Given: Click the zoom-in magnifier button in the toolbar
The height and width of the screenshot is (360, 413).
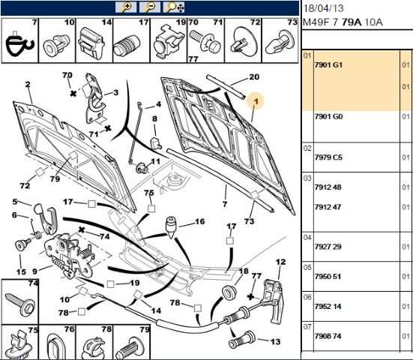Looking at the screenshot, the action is coord(126,7).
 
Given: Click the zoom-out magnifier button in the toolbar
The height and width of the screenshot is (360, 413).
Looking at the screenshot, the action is coord(150,7).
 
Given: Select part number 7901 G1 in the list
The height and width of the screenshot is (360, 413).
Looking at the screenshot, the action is coord(328,64).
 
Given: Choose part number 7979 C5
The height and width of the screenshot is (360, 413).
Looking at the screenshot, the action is coord(328,157).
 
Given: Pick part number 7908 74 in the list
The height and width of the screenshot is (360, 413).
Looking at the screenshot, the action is coord(328,336).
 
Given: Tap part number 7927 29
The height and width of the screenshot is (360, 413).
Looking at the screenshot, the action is coord(328,247).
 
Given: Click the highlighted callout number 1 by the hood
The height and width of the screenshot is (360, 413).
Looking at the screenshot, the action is coord(256,101).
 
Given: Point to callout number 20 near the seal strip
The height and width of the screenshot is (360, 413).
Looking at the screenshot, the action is coord(254,76).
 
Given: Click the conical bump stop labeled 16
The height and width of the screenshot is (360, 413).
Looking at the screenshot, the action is coord(171,227).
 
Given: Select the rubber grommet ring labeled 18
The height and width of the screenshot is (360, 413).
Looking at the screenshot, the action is coord(229,292).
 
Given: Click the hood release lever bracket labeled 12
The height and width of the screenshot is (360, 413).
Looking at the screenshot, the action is coord(274,301).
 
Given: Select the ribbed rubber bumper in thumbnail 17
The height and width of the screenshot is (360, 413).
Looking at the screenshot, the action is coord(127,45).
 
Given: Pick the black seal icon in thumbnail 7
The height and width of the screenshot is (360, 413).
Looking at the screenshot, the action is coord(19,44).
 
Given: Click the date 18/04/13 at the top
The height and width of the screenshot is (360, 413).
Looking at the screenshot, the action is coord(323,8).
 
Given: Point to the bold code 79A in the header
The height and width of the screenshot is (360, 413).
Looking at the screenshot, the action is coord(352,22).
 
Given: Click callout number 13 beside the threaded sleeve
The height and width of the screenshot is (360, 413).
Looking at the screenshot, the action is coord(275,341).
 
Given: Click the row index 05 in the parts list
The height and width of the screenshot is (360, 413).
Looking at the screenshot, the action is coord(307,268).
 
